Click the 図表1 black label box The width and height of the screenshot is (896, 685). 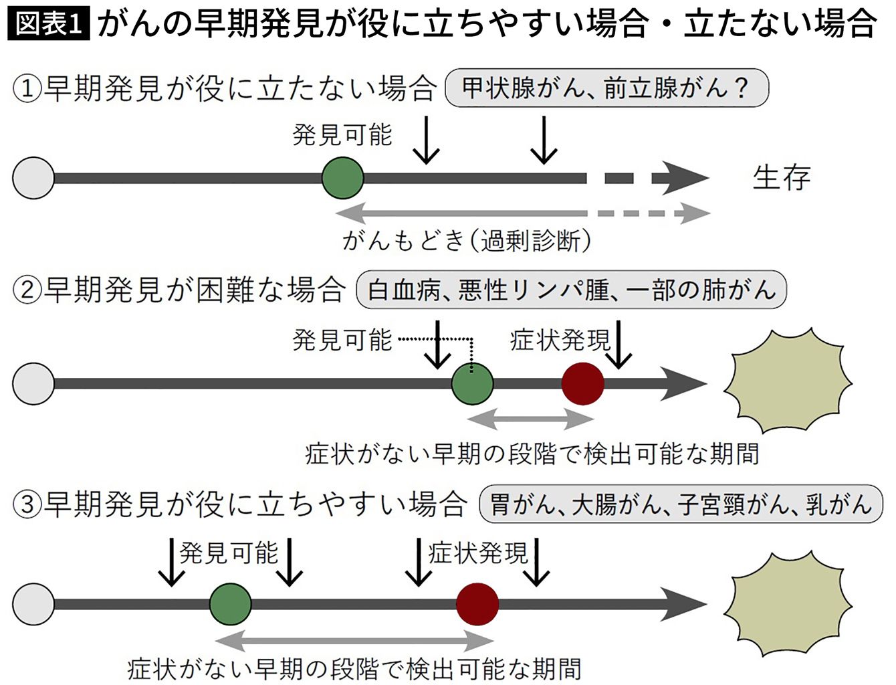click(x=48, y=25)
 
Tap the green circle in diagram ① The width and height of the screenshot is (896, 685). click(x=342, y=178)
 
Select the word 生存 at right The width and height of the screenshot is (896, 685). click(x=781, y=178)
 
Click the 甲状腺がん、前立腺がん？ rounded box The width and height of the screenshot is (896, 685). click(x=606, y=88)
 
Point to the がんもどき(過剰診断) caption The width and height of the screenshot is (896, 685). click(x=466, y=240)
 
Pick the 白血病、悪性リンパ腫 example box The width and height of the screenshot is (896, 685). click(x=571, y=290)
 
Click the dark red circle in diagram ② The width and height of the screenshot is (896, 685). click(x=582, y=384)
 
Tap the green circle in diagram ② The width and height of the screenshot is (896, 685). click(x=472, y=384)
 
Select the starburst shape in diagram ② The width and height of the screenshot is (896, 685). click(x=788, y=381)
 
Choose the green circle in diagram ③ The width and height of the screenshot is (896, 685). click(x=230, y=603)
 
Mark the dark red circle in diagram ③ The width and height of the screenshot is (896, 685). click(x=477, y=603)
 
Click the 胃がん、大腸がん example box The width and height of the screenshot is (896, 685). click(x=681, y=504)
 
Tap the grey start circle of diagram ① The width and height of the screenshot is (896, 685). click(x=33, y=178)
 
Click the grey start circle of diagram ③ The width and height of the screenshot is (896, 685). click(x=33, y=603)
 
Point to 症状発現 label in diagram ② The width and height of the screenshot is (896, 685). click(x=560, y=340)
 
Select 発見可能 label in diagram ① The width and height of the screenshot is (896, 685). click(x=342, y=135)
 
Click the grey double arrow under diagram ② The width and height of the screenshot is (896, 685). click(x=530, y=419)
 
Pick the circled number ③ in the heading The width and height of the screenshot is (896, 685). click(x=27, y=504)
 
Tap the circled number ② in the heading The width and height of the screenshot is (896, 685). click(x=27, y=290)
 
